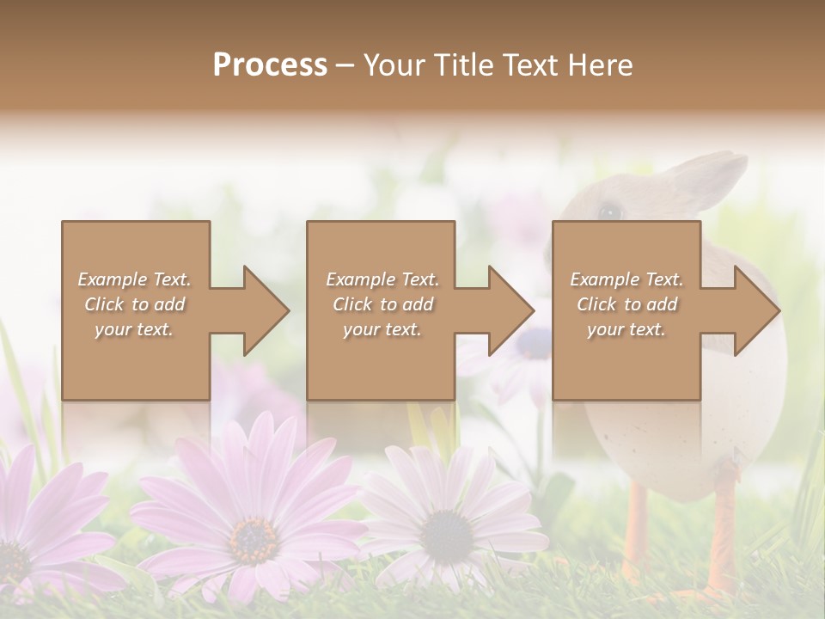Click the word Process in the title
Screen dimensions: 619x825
click(x=270, y=64)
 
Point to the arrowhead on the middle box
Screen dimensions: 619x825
click(x=510, y=310)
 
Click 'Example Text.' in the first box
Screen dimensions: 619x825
click(x=134, y=279)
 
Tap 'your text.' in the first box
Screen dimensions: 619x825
click(x=134, y=329)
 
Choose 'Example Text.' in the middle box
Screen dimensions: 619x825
click(x=382, y=279)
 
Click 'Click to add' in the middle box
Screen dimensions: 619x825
click(x=382, y=304)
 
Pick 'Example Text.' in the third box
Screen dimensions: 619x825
click(x=626, y=279)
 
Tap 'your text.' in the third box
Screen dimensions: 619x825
click(x=626, y=329)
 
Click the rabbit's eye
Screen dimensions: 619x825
click(x=609, y=211)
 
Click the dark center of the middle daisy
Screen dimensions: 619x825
click(x=253, y=537)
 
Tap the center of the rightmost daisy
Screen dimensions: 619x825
click(x=446, y=536)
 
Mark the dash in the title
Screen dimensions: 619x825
click(x=345, y=65)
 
